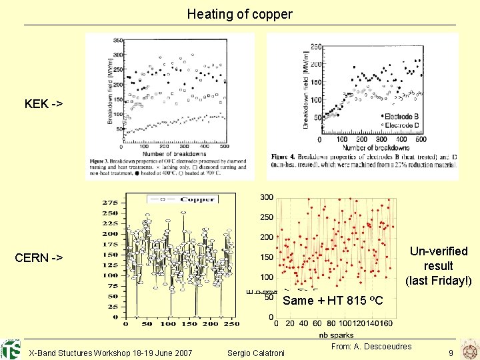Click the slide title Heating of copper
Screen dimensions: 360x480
239,13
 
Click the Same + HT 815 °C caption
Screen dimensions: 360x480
333,301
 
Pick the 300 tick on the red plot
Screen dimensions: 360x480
267,197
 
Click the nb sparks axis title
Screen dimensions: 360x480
333,335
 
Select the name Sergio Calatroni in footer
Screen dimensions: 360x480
256,352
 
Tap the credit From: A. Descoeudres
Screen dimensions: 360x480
371,346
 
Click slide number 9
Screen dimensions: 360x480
451,352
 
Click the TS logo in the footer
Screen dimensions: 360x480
11,349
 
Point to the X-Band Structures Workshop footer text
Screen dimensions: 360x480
111,352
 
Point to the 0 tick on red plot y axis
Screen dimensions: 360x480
271,317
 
